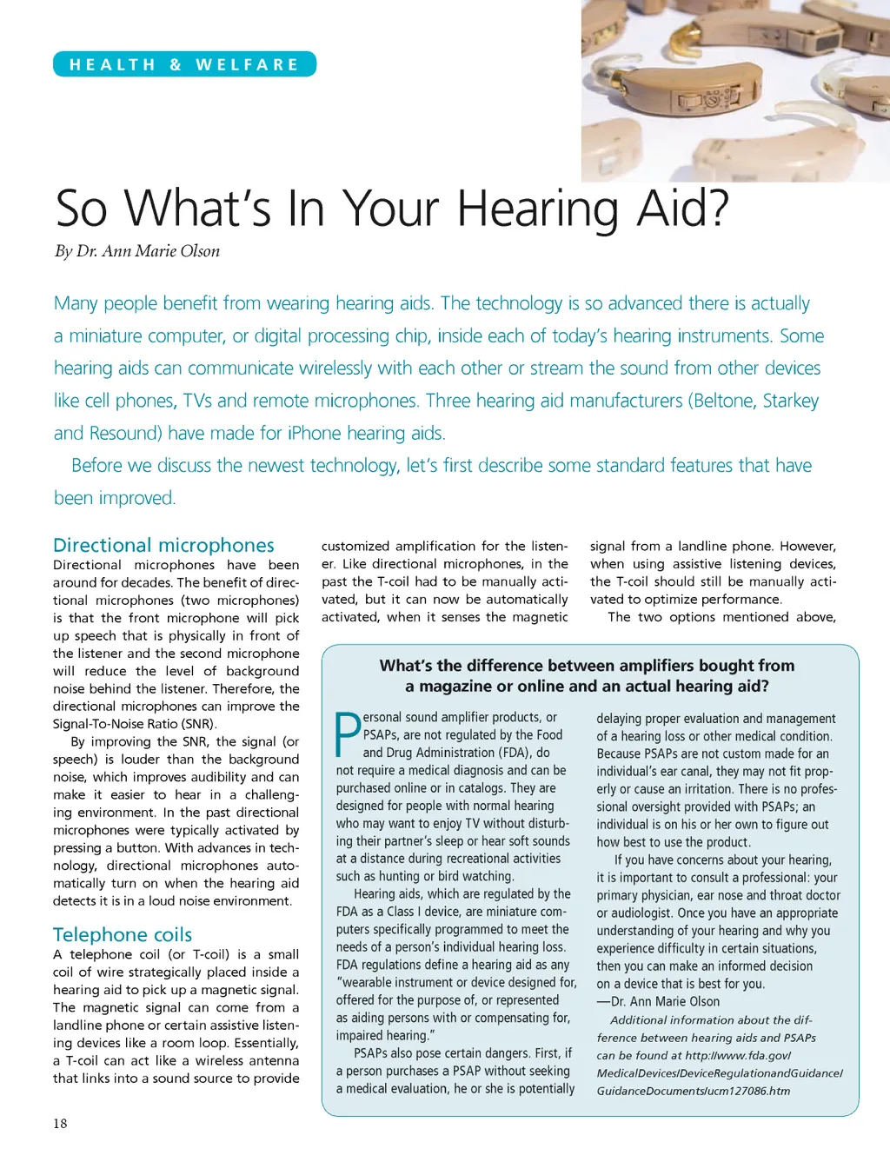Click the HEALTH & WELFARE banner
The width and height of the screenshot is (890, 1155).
pyautogui.click(x=184, y=64)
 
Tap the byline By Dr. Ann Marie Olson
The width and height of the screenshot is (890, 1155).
pyautogui.click(x=137, y=251)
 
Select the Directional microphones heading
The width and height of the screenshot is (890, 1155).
pyautogui.click(x=163, y=545)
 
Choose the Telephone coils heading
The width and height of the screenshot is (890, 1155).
pyautogui.click(x=123, y=934)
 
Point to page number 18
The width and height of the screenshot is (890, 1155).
pyautogui.click(x=60, y=1123)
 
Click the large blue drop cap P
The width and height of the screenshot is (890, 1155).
pyautogui.click(x=348, y=735)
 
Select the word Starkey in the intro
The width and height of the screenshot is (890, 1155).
pyautogui.click(x=791, y=401)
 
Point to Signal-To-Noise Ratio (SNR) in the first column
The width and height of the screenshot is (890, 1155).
pyautogui.click(x=135, y=724)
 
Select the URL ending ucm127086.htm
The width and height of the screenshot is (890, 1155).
pyautogui.click(x=694, y=1091)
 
